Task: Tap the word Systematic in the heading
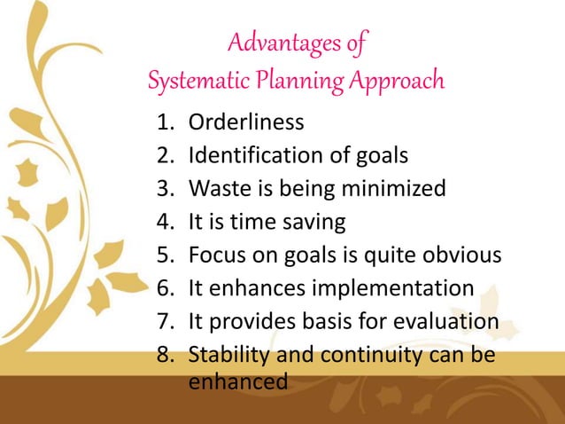coord(189,82)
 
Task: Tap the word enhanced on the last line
coord(238,382)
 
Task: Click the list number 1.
coord(164,122)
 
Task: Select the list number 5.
coord(164,256)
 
